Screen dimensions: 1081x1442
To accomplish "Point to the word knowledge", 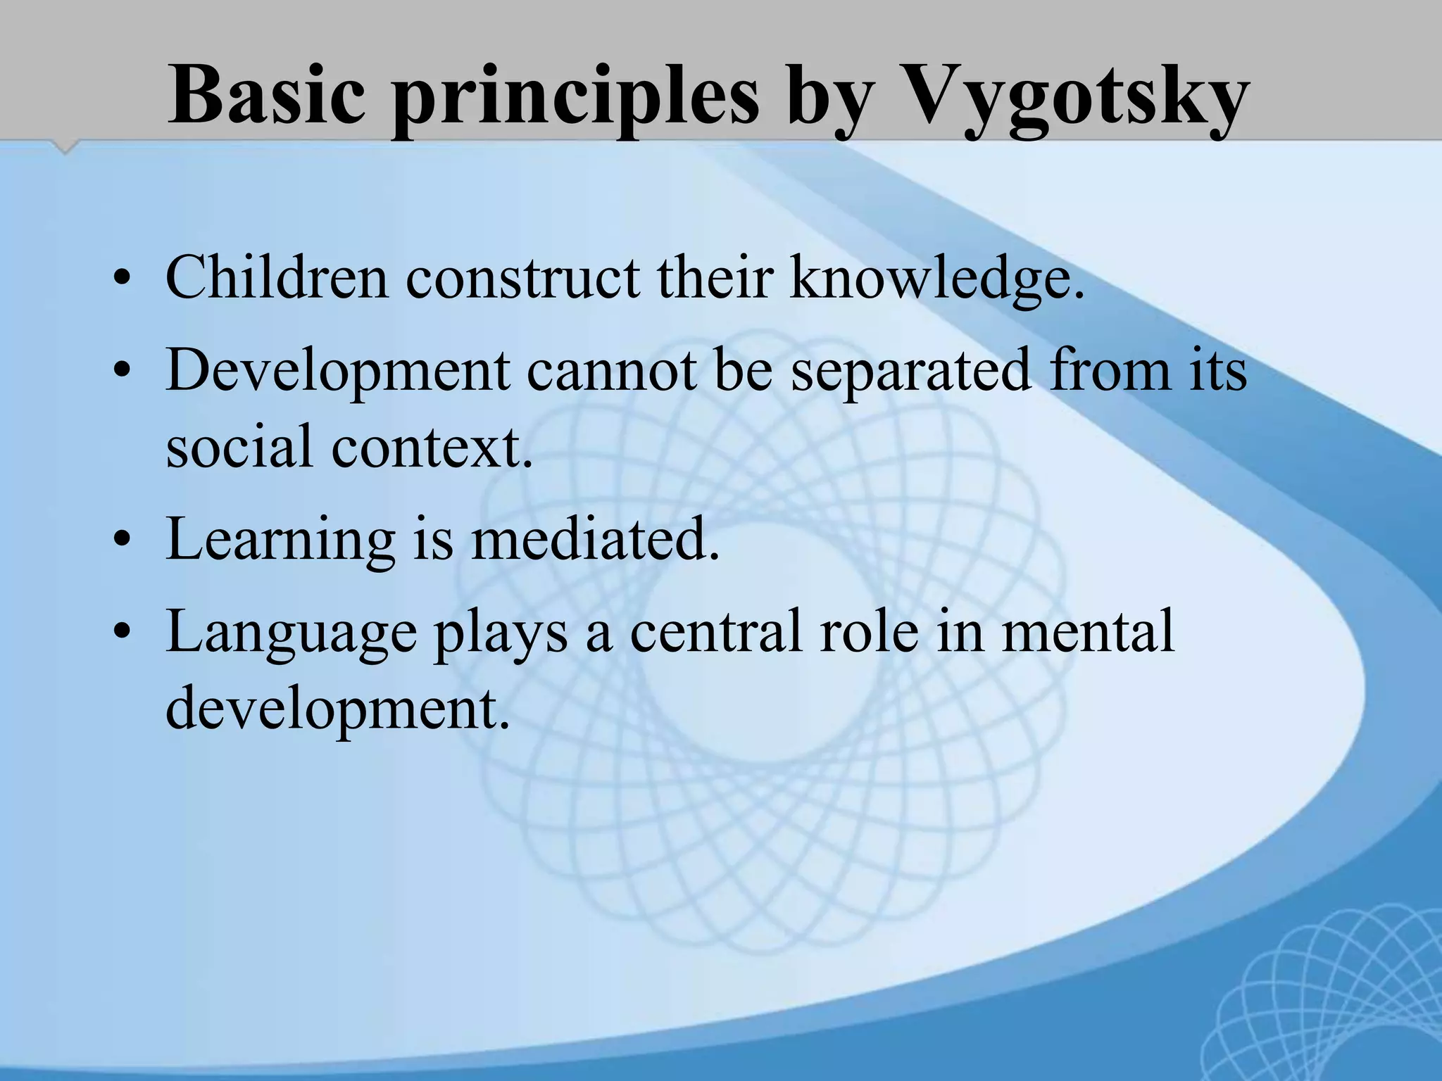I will point(936,278).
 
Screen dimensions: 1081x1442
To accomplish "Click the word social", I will point(239,446).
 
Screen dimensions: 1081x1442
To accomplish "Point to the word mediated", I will point(595,538).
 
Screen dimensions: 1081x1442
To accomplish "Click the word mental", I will point(1088,631).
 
